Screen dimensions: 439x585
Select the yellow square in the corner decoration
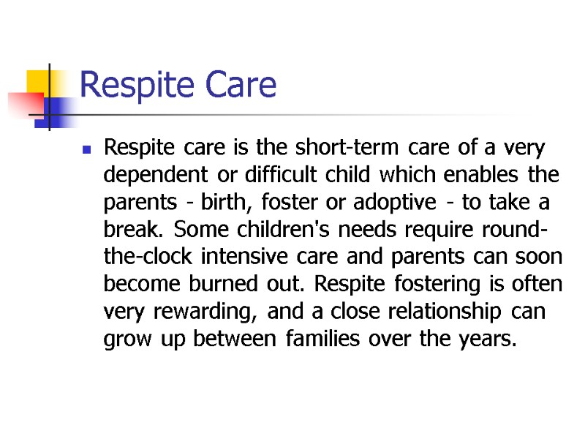tap(38, 82)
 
